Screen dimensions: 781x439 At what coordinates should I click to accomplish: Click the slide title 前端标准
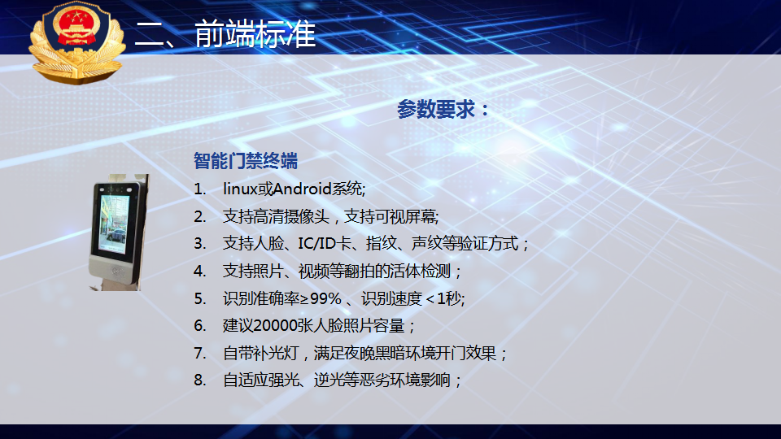(x=255, y=34)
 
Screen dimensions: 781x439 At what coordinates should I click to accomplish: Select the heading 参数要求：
(x=443, y=109)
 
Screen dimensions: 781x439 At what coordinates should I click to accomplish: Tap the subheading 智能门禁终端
(x=246, y=161)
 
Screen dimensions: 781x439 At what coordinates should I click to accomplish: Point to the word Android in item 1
(x=303, y=189)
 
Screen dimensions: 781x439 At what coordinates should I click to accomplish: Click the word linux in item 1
(x=240, y=189)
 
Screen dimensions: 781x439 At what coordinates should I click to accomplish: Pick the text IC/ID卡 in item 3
(x=325, y=243)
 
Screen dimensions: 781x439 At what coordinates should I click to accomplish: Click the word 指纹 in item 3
(x=381, y=243)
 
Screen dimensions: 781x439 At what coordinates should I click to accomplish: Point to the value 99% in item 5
(x=325, y=298)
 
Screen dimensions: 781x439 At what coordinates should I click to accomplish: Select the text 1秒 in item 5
(x=449, y=298)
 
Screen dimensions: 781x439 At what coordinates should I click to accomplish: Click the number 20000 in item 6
(x=275, y=325)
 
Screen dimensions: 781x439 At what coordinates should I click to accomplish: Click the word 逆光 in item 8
(x=329, y=380)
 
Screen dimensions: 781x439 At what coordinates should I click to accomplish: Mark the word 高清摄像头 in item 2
(x=291, y=216)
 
